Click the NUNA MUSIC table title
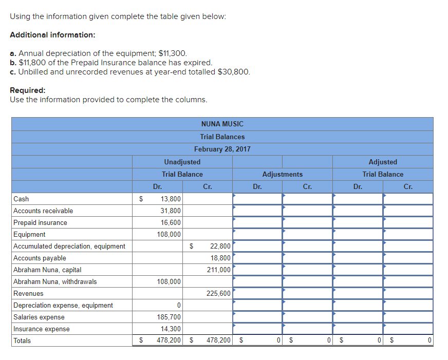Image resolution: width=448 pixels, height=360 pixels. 222,124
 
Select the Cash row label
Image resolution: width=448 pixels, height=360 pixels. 21,199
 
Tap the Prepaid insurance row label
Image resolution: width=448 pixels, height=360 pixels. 40,222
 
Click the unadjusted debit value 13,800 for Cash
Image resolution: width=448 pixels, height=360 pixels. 170,199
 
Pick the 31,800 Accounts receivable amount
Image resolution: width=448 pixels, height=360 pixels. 170,211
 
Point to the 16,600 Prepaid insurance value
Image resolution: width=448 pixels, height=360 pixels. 170,222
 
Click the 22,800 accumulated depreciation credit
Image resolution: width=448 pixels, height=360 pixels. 220,246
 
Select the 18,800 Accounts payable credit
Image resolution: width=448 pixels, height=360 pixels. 220,258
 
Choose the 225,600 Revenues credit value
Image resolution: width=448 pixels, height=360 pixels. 218,293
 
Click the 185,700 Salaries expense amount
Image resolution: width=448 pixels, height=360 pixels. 169,317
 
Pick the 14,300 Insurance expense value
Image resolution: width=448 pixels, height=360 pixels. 170,329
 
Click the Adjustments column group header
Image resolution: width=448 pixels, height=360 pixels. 282,174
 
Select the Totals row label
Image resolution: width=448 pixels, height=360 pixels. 22,340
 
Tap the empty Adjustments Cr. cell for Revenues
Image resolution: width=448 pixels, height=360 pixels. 307,293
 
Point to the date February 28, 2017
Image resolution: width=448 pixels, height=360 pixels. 222,149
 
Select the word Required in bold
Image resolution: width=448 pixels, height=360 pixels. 27,90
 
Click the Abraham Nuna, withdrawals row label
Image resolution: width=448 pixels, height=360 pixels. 55,281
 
